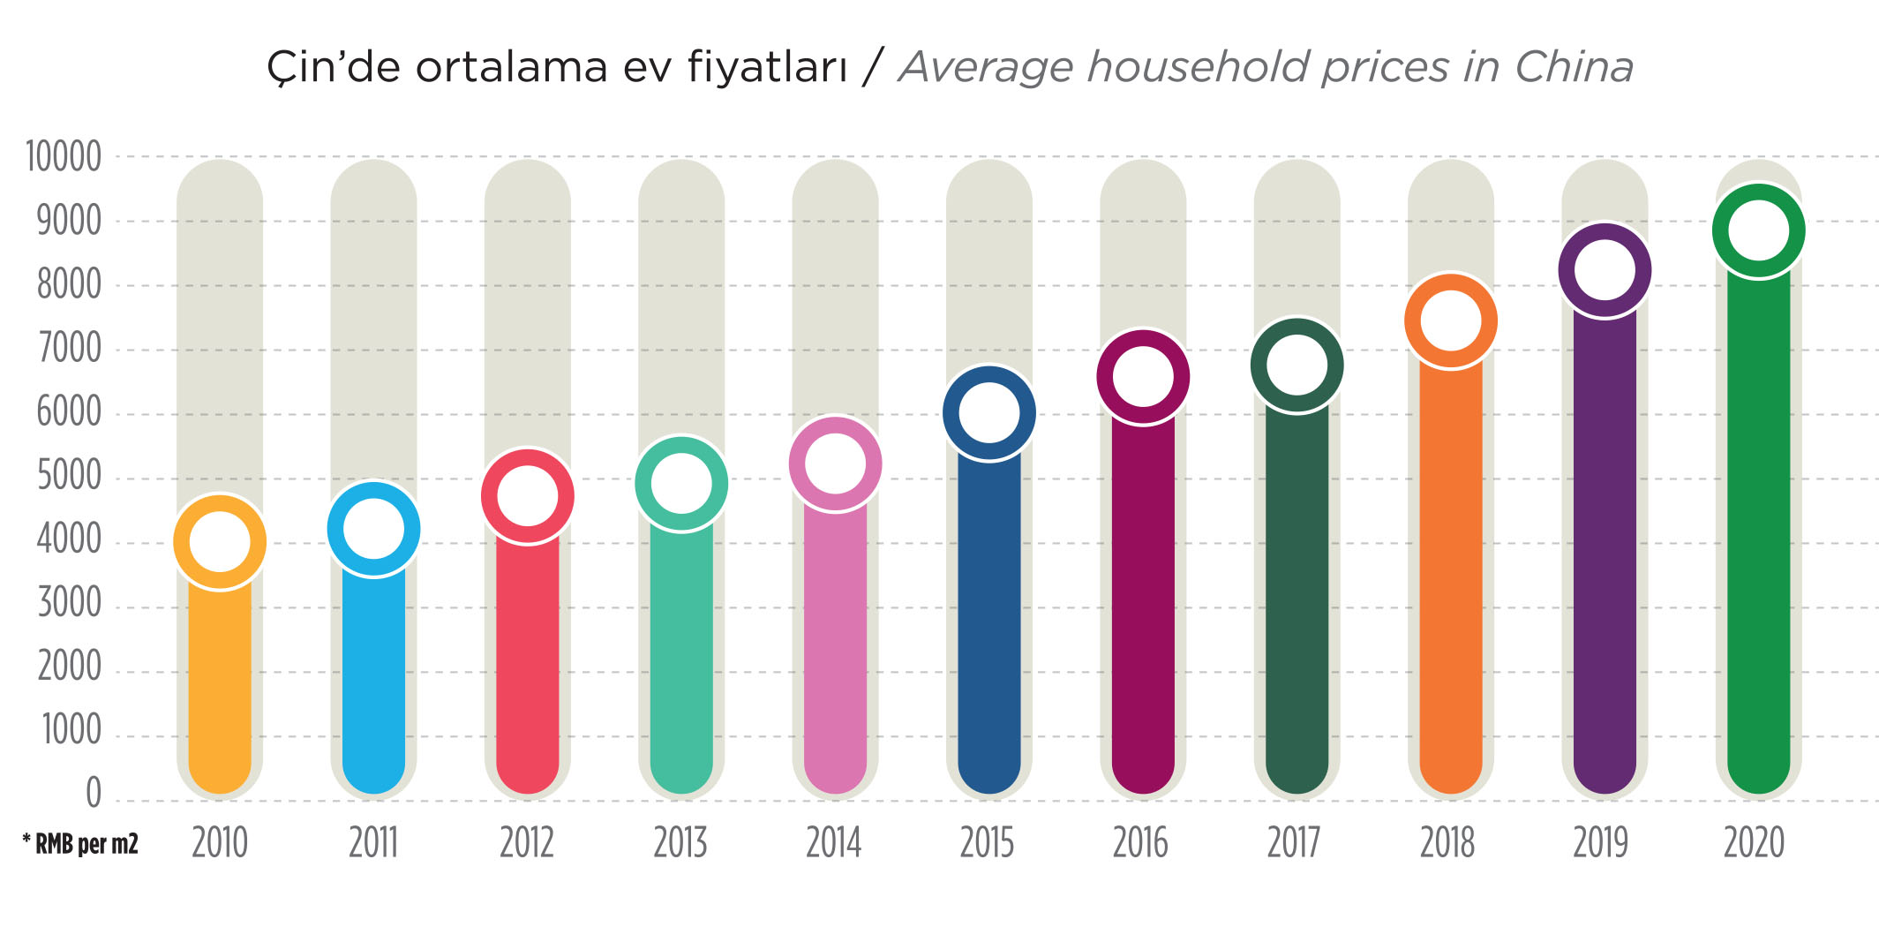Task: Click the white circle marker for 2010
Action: [220, 541]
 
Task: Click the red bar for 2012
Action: [528, 662]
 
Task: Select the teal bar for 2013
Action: [681, 662]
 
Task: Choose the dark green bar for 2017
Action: [1297, 600]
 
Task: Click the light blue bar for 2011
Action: [373, 680]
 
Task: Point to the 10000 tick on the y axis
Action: [64, 157]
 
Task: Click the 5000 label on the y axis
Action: [69, 477]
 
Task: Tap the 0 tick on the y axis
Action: [93, 793]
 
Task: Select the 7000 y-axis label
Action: [69, 349]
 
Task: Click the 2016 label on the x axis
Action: [1140, 843]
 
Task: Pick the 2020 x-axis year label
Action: [1755, 843]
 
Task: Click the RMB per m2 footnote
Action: [81, 845]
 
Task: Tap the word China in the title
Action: [1575, 67]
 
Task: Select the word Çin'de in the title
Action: [333, 67]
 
